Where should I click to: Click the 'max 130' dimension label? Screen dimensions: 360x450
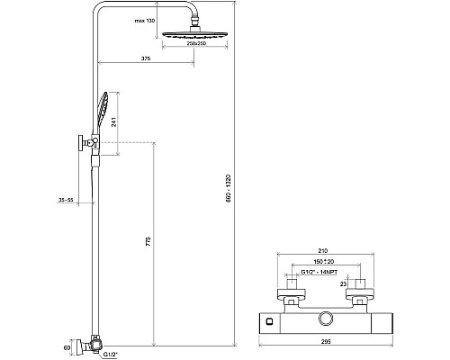tap(144, 20)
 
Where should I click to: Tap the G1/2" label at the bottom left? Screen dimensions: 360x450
tap(110, 354)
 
